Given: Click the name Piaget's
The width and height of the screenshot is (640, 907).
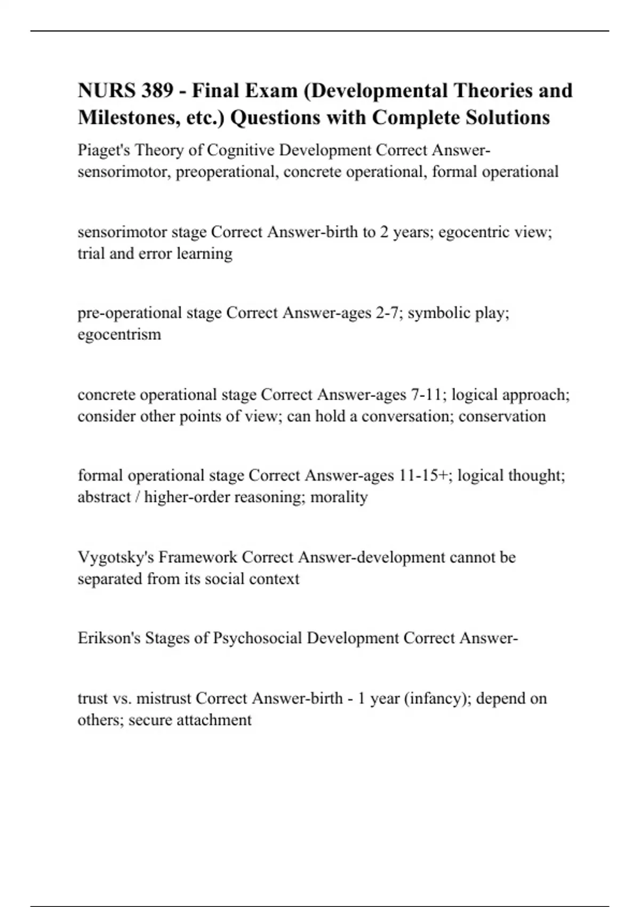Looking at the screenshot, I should click(x=103, y=150).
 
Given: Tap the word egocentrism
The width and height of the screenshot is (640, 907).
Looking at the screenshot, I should click(x=119, y=335).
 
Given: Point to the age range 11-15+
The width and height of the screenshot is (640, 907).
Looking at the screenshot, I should click(x=423, y=475).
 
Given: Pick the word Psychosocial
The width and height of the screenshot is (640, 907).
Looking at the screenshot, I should click(x=258, y=639).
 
